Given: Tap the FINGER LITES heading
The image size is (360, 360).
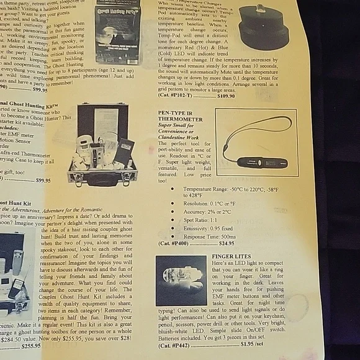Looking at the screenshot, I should (232, 256).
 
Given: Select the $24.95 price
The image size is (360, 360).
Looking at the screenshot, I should (227, 243).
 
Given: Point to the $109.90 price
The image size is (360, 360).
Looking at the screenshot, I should (226, 96).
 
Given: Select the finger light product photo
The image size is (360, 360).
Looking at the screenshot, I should (181, 280).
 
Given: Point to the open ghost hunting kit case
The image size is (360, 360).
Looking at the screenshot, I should (102, 145).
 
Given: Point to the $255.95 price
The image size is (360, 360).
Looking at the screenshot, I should (30, 346).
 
